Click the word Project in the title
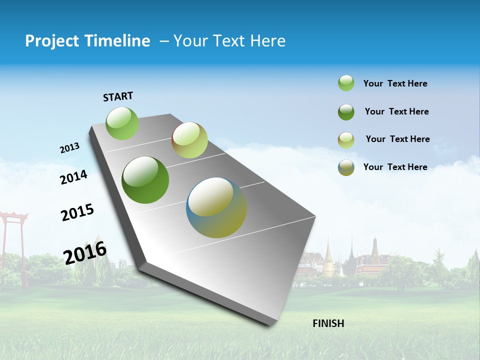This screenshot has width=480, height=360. (51, 41)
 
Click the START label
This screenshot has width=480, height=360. (118, 96)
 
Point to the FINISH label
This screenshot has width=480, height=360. (328, 323)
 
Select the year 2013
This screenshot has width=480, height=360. (69, 148)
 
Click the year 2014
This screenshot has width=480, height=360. (73, 177)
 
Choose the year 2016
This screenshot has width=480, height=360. (85, 252)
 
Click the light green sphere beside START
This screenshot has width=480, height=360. (122, 123)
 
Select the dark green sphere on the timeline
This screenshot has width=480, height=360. (145, 180)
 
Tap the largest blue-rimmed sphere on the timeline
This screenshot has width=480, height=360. (216, 207)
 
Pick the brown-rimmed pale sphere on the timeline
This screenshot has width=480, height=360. (189, 140)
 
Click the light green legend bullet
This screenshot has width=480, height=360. (346, 83)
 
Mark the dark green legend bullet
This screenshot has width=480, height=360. (346, 112)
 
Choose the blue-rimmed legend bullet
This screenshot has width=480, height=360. (346, 167)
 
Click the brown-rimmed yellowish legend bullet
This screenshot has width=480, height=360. (346, 140)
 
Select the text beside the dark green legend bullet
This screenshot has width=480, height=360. (396, 111)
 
